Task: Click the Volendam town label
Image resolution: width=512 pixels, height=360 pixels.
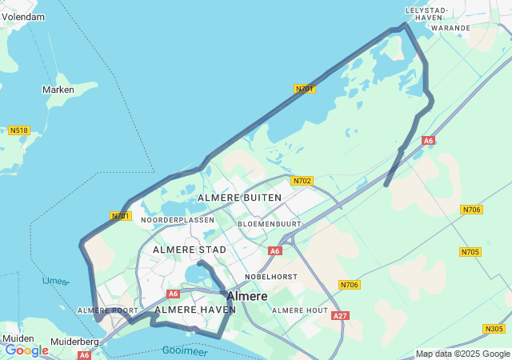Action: coord(24,17)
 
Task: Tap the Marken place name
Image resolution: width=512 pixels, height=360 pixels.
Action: coord(58,90)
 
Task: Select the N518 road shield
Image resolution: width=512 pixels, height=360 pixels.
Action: coord(18,130)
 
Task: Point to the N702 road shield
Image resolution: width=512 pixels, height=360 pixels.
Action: coord(302,181)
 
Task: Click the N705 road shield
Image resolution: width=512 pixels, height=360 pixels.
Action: coord(470,252)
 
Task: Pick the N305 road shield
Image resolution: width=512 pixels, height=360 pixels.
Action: coord(494,329)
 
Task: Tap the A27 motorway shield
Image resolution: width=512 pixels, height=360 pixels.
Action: coord(340,316)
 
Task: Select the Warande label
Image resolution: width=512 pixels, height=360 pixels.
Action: coord(450,27)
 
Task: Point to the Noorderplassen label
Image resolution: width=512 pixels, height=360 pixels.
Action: coord(178,219)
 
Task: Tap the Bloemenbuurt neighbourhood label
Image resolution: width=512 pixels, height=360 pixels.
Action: coord(270,224)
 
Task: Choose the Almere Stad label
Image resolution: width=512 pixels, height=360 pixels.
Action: coord(190,250)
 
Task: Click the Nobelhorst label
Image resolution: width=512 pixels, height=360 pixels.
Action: coord(271,276)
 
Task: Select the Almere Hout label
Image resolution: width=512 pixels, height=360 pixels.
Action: coord(300,310)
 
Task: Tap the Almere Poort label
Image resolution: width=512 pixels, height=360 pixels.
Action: coord(102,310)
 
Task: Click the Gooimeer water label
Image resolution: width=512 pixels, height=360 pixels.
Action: coord(185,350)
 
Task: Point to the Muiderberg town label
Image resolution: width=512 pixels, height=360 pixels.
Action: coord(75,342)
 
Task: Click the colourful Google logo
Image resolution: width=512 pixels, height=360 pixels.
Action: coord(26,350)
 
